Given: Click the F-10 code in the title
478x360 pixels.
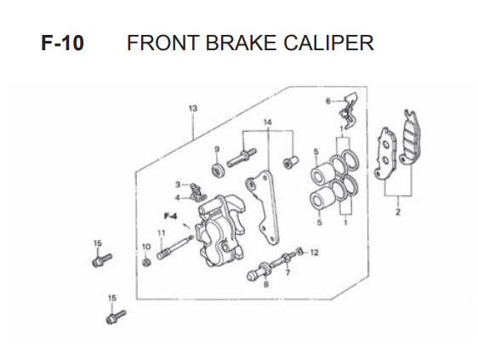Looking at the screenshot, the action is [x=62, y=43].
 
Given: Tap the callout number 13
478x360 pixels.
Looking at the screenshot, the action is [x=193, y=108].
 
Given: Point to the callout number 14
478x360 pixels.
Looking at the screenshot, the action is [x=267, y=123].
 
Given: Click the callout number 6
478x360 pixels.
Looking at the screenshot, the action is [x=328, y=100].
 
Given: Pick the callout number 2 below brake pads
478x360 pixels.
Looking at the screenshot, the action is [x=398, y=212].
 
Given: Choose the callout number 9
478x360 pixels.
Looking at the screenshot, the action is [x=217, y=149].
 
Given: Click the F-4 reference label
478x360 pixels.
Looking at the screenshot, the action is [x=170, y=216].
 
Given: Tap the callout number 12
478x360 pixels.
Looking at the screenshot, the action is [x=315, y=252].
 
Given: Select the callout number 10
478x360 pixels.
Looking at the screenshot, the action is [x=146, y=247].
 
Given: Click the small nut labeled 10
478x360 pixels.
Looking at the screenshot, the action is [x=147, y=262].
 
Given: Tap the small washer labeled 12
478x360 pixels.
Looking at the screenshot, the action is [x=299, y=251].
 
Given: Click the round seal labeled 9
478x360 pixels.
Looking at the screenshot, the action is [x=219, y=170].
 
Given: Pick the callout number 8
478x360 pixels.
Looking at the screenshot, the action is [x=266, y=284].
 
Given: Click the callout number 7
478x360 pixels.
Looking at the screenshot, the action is [x=287, y=272].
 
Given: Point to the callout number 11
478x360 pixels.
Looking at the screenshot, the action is [x=161, y=233].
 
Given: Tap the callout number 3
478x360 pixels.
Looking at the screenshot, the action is [x=178, y=185].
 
